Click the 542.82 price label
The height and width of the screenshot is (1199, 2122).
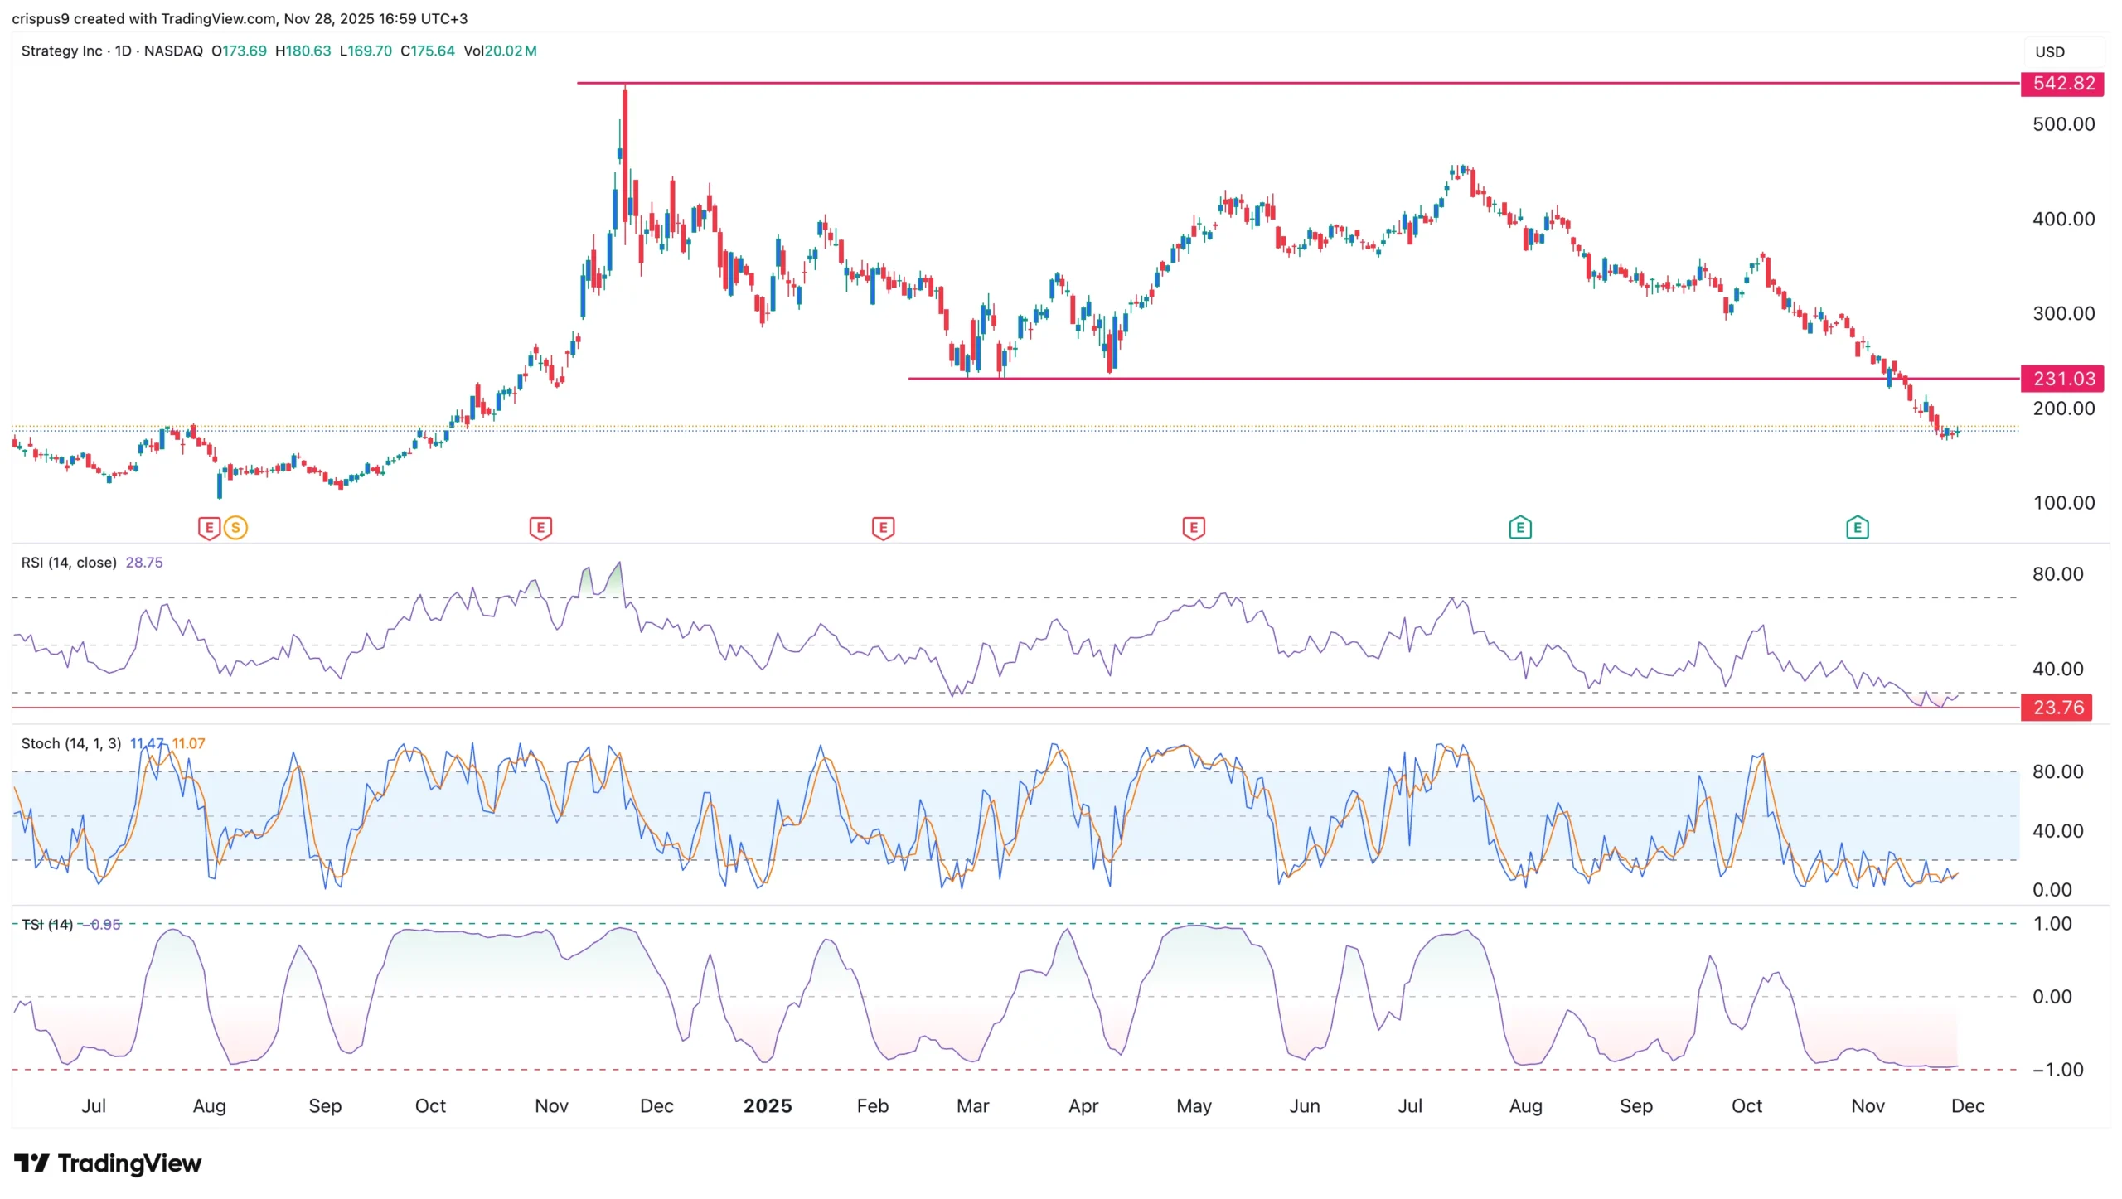pyautogui.click(x=2062, y=84)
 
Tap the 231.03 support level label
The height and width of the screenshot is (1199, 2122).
pyautogui.click(x=2062, y=379)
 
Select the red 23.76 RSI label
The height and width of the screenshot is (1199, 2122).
pyautogui.click(x=2057, y=708)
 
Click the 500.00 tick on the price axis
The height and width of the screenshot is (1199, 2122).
pyautogui.click(x=2063, y=124)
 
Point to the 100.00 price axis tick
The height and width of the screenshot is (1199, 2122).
pyautogui.click(x=2063, y=503)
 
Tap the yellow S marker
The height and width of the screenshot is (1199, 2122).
pyautogui.click(x=235, y=527)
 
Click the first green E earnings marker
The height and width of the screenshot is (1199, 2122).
pyautogui.click(x=1519, y=527)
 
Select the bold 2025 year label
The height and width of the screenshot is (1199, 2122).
pyautogui.click(x=767, y=1106)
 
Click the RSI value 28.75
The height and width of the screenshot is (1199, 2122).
pyautogui.click(x=144, y=563)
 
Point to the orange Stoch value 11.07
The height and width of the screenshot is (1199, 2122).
pyautogui.click(x=189, y=743)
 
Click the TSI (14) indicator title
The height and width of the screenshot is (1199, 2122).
pyautogui.click(x=47, y=924)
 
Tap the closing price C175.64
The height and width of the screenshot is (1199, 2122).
pyautogui.click(x=428, y=51)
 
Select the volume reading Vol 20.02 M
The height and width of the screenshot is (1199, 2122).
pyautogui.click(x=500, y=51)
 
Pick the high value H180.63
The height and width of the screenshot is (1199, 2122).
pyautogui.click(x=303, y=51)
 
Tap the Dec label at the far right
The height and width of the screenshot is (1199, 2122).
pyautogui.click(x=1967, y=1106)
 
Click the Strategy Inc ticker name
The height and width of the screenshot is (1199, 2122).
pyautogui.click(x=61, y=51)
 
